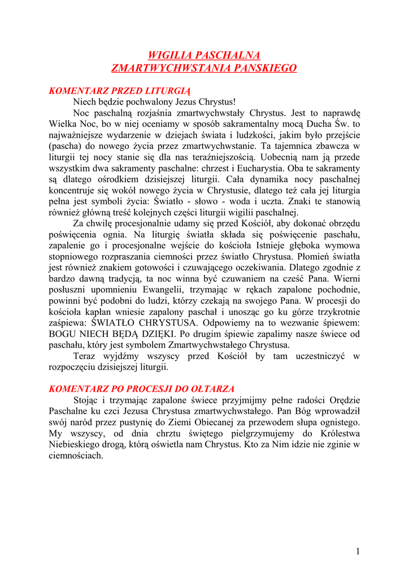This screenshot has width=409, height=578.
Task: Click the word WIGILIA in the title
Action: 169,55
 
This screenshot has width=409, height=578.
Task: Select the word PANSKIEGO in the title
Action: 264,68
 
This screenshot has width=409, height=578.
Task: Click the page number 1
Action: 358,551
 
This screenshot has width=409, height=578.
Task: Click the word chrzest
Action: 223,168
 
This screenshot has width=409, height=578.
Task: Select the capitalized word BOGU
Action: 63,334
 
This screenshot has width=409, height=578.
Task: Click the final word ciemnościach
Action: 76,456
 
